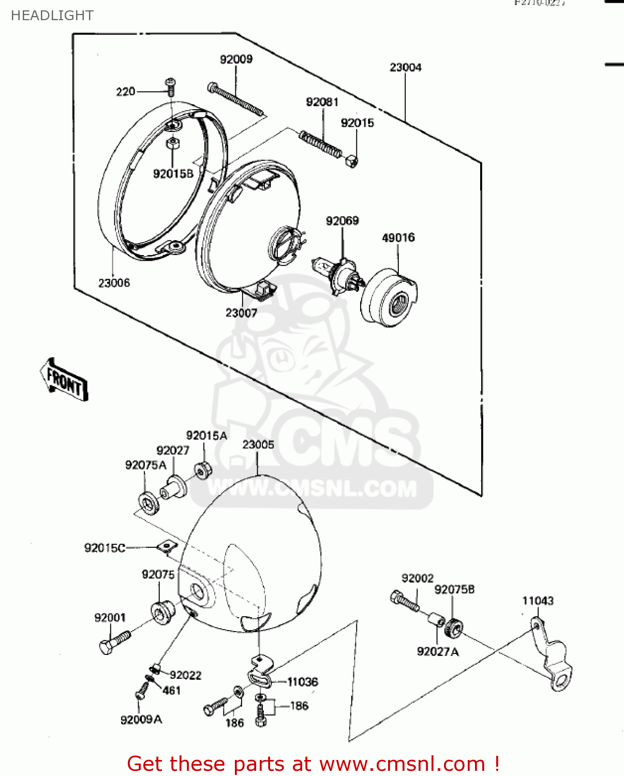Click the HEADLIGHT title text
pyautogui.click(x=52, y=16)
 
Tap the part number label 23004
pyautogui.click(x=405, y=67)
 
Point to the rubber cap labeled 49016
pyautogui.click(x=390, y=297)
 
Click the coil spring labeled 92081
pyautogui.click(x=321, y=144)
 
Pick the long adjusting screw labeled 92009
pyautogui.click(x=236, y=101)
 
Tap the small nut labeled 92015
pyautogui.click(x=351, y=162)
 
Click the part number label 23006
pyautogui.click(x=114, y=283)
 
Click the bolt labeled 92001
pyautogui.click(x=114, y=641)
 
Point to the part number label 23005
pyautogui.click(x=258, y=445)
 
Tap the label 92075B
pyautogui.click(x=454, y=590)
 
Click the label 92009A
pyautogui.click(x=141, y=720)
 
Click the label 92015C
pyautogui.click(x=105, y=548)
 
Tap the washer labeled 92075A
pyautogui.click(x=149, y=502)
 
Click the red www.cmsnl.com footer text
pyautogui.click(x=313, y=764)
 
